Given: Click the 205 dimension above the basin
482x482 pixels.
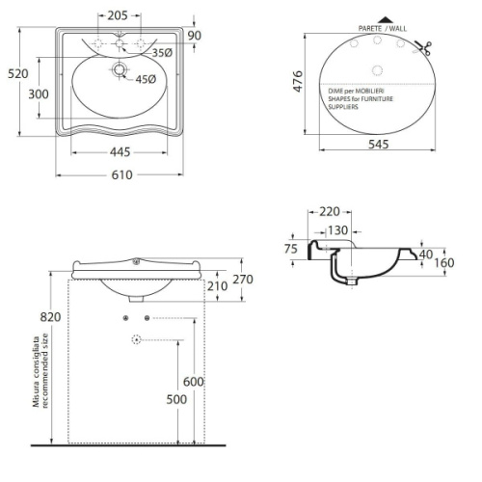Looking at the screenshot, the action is [x=118, y=15].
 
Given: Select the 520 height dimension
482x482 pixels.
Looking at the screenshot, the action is [x=18, y=74].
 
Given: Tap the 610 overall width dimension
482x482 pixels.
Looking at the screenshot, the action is [x=121, y=175].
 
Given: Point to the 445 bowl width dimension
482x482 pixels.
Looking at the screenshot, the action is [x=120, y=152].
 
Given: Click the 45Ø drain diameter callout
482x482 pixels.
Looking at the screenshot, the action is [x=146, y=79].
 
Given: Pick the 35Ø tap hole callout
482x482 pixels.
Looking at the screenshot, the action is [x=162, y=53].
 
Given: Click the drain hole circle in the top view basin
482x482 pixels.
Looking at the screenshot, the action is [x=120, y=69].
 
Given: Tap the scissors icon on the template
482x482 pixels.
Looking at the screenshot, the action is [x=423, y=48].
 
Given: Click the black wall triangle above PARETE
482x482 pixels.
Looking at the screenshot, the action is [x=386, y=19].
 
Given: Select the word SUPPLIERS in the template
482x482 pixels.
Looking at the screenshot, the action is [x=343, y=107].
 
